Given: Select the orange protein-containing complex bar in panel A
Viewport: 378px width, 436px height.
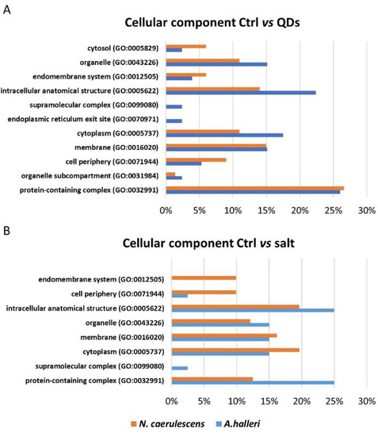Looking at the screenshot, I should pyautogui.click(x=254, y=188).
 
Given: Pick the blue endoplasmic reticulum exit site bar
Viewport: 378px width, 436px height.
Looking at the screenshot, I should pyautogui.click(x=174, y=121).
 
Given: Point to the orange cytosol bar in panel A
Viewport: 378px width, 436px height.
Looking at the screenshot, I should pyautogui.click(x=185, y=46).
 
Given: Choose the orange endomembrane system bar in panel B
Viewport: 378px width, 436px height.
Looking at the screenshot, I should pyautogui.click(x=204, y=277).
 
